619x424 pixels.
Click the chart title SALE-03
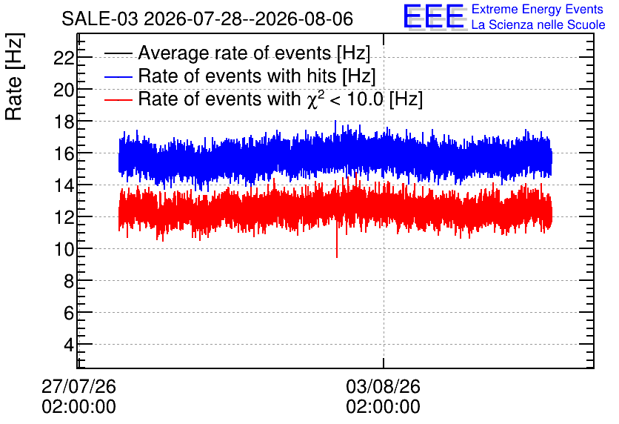click(x=100, y=19)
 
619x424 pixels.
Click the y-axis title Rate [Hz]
click(x=15, y=76)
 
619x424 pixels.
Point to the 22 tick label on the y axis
click(x=64, y=58)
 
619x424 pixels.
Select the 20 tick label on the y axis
click(x=64, y=90)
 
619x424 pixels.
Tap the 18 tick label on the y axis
click(x=64, y=122)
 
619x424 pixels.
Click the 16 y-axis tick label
click(x=64, y=153)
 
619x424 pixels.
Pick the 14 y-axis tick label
click(x=64, y=186)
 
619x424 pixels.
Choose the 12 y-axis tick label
click(x=64, y=217)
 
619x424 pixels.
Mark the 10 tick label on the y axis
click(x=64, y=249)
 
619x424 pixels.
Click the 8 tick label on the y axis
click(x=69, y=282)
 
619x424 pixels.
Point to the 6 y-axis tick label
click(x=69, y=314)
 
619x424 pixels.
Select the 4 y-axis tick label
click(x=69, y=345)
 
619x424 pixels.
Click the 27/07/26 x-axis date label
click(x=78, y=386)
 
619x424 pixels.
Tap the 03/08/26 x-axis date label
click(x=384, y=386)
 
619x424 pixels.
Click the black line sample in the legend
click(x=118, y=53)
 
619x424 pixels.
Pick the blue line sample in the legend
click(x=118, y=76)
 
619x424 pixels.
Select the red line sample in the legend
click(x=118, y=99)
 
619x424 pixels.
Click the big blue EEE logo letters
click(x=434, y=16)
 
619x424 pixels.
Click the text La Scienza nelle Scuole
click(x=538, y=24)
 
